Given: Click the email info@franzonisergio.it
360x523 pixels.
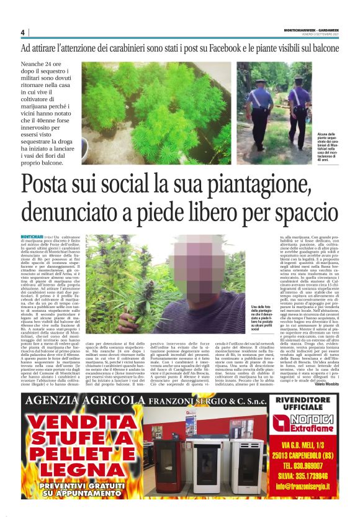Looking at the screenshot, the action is [301, 486].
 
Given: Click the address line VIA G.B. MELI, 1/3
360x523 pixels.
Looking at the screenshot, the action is [301, 445].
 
